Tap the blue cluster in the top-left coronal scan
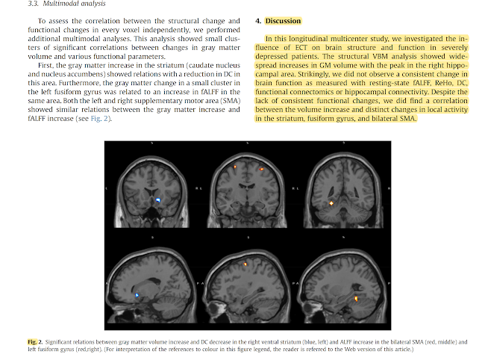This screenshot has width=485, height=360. coord(158,201)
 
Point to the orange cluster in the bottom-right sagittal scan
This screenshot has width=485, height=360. coord(356,299)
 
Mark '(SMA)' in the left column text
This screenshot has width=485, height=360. coord(234,101)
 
